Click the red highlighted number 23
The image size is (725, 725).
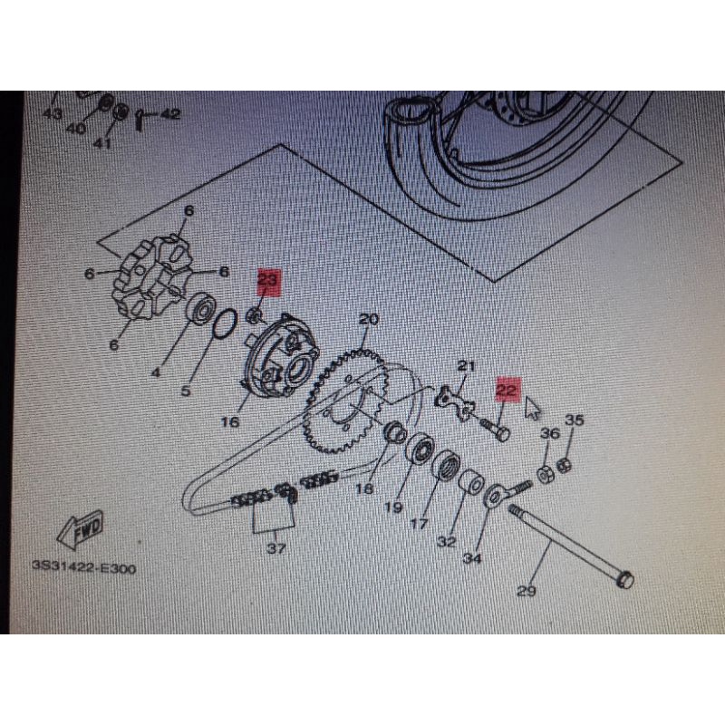(268, 280)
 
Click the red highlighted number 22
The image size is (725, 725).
(506, 390)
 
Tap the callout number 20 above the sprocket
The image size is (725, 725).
(368, 320)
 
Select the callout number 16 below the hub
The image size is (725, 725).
(230, 421)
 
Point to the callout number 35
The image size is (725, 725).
(575, 420)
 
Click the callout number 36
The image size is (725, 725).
(550, 435)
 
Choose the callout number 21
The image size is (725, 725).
(466, 366)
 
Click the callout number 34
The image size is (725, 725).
(471, 559)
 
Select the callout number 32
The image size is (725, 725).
(446, 542)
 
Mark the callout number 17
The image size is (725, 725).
(420, 525)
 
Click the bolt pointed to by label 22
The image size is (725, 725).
(494, 428)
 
